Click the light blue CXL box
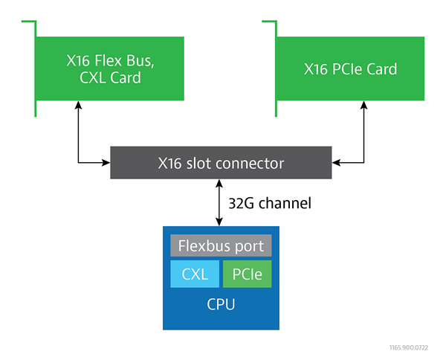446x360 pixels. click(195, 274)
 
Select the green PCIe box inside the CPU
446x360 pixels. click(248, 274)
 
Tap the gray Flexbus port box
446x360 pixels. click(221, 245)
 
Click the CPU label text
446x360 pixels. click(221, 304)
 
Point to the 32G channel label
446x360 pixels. click(270, 203)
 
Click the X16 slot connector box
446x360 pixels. click(221, 163)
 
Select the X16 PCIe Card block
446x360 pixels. click(350, 68)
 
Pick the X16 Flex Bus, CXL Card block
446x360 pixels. click(110, 68)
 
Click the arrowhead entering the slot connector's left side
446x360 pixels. click(106, 163)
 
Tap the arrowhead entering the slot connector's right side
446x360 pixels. click(336, 163)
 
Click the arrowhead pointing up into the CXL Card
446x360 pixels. click(78, 104)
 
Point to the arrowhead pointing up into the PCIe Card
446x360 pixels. click(363, 104)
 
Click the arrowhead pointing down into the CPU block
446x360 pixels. click(219, 222)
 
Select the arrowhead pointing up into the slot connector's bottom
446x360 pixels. click(219, 183)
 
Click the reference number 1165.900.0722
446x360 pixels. click(409, 347)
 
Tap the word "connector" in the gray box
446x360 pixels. click(250, 164)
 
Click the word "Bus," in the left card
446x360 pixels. click(140, 60)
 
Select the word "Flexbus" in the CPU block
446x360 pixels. click(203, 245)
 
